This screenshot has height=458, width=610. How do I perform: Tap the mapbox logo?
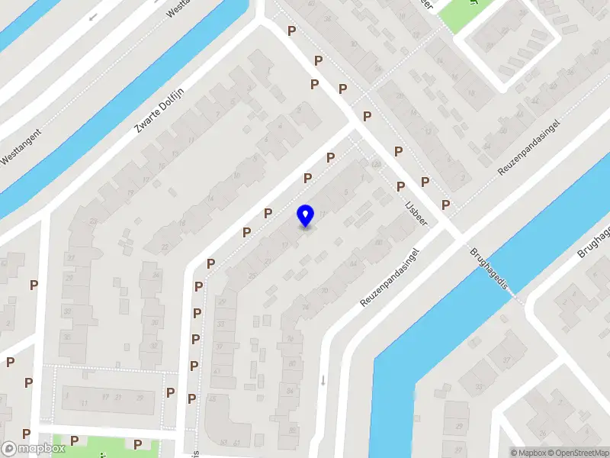[x=33, y=449]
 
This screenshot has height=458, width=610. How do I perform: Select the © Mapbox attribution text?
[x=528, y=453]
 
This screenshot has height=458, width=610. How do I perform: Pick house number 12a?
[x=375, y=164]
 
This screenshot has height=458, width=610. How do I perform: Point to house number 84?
[x=291, y=391]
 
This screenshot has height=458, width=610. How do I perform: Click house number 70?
[x=325, y=291]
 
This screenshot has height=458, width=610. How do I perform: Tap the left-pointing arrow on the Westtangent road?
[x=93, y=17]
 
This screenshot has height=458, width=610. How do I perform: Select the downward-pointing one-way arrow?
[x=323, y=379]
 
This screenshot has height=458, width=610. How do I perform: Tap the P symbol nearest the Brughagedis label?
[x=445, y=205]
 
